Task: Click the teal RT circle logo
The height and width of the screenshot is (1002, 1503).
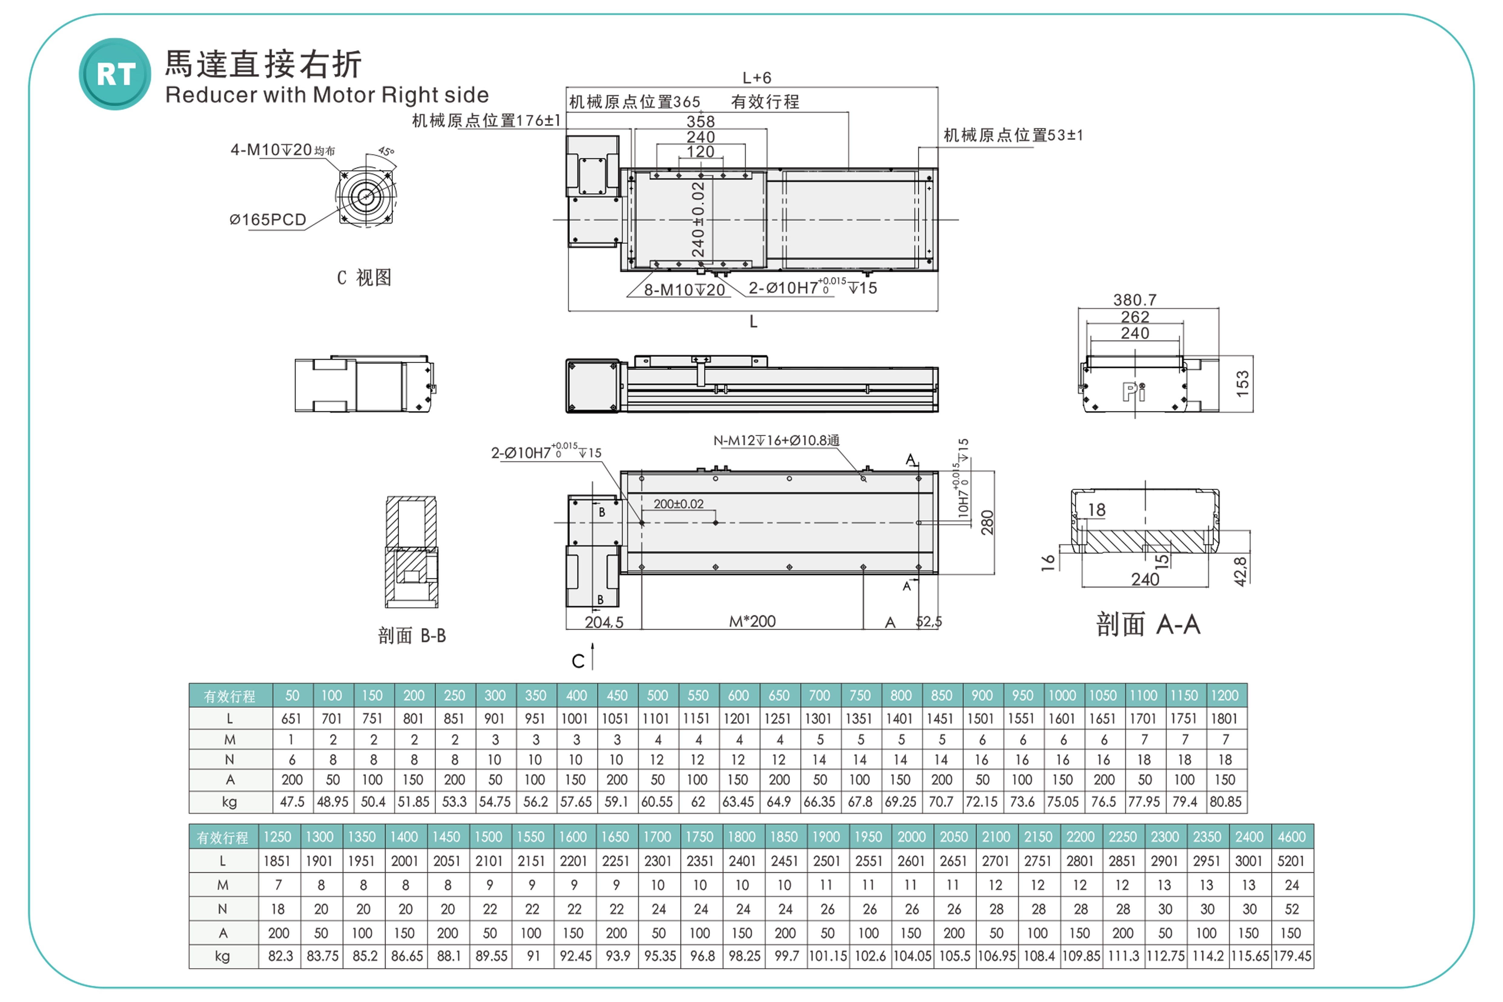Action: (115, 74)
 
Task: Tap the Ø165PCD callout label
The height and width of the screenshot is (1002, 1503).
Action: (268, 220)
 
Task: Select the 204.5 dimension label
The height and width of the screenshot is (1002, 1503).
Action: (604, 622)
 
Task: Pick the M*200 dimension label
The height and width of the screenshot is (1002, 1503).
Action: (752, 621)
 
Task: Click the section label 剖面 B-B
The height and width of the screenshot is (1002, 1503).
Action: (412, 636)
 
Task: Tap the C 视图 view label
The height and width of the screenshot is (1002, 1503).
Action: (364, 277)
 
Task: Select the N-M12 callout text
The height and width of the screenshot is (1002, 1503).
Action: (776, 440)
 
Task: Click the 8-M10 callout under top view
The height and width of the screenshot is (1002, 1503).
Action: (684, 290)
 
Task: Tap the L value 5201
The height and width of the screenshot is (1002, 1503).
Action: (1291, 861)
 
